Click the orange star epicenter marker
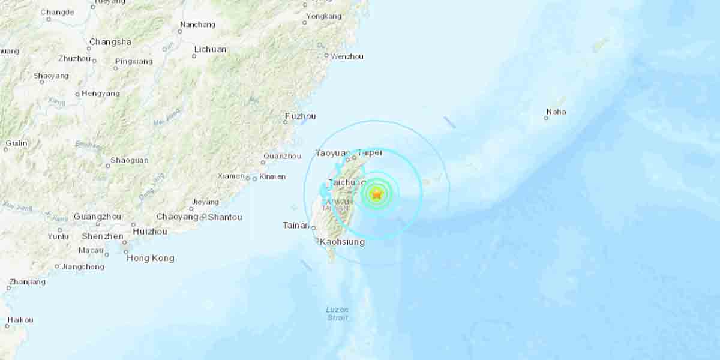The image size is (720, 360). (377, 194)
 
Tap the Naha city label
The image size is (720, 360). (556, 112)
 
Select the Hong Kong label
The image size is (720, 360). (150, 258)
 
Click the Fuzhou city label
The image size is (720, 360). (301, 116)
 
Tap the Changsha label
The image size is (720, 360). (110, 42)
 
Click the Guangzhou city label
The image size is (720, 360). (97, 217)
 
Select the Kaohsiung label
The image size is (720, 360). (342, 242)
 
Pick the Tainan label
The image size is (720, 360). (296, 226)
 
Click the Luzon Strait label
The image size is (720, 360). (337, 314)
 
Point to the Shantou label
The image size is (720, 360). (225, 217)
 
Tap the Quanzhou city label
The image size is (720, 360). (281, 156)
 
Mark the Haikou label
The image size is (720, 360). (20, 320)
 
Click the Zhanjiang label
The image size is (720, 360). (27, 282)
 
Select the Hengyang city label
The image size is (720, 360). (101, 94)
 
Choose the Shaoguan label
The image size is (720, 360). (130, 161)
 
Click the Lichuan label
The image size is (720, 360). (210, 49)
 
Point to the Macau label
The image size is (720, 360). (91, 250)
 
